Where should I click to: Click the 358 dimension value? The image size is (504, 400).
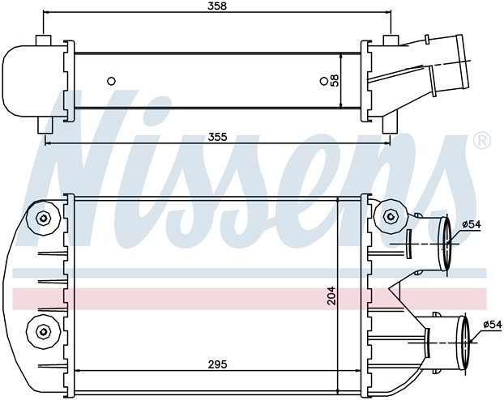click(x=217, y=6)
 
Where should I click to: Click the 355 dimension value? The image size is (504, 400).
click(x=217, y=137)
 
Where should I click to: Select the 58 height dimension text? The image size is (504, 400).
click(x=335, y=80)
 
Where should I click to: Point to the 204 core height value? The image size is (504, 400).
click(x=331, y=296)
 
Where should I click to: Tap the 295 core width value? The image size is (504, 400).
click(x=217, y=364)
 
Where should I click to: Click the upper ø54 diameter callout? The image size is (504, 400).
click(x=472, y=224)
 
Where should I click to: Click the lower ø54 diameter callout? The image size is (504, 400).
click(x=492, y=325)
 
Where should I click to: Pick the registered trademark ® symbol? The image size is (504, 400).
click(x=482, y=141)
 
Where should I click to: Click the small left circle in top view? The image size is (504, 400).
click(x=111, y=81)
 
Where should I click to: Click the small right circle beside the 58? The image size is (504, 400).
click(x=323, y=81)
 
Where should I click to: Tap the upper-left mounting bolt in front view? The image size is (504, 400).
click(x=43, y=219)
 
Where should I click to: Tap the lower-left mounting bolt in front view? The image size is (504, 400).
click(x=43, y=331)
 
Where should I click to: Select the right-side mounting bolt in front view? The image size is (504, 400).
click(x=391, y=216)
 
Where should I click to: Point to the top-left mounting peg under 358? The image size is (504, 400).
click(x=43, y=40)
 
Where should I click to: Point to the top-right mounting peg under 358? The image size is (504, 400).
click(x=391, y=40)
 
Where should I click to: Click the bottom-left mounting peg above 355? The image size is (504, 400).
click(x=45, y=126)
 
